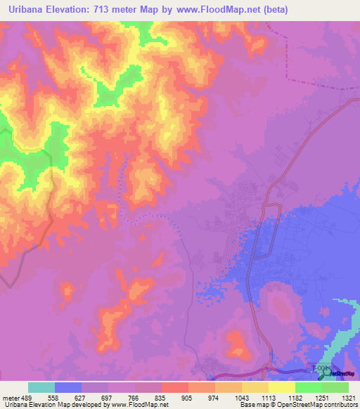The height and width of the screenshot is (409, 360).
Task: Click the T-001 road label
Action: (320, 368)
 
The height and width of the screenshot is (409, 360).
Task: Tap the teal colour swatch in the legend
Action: (41, 387)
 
